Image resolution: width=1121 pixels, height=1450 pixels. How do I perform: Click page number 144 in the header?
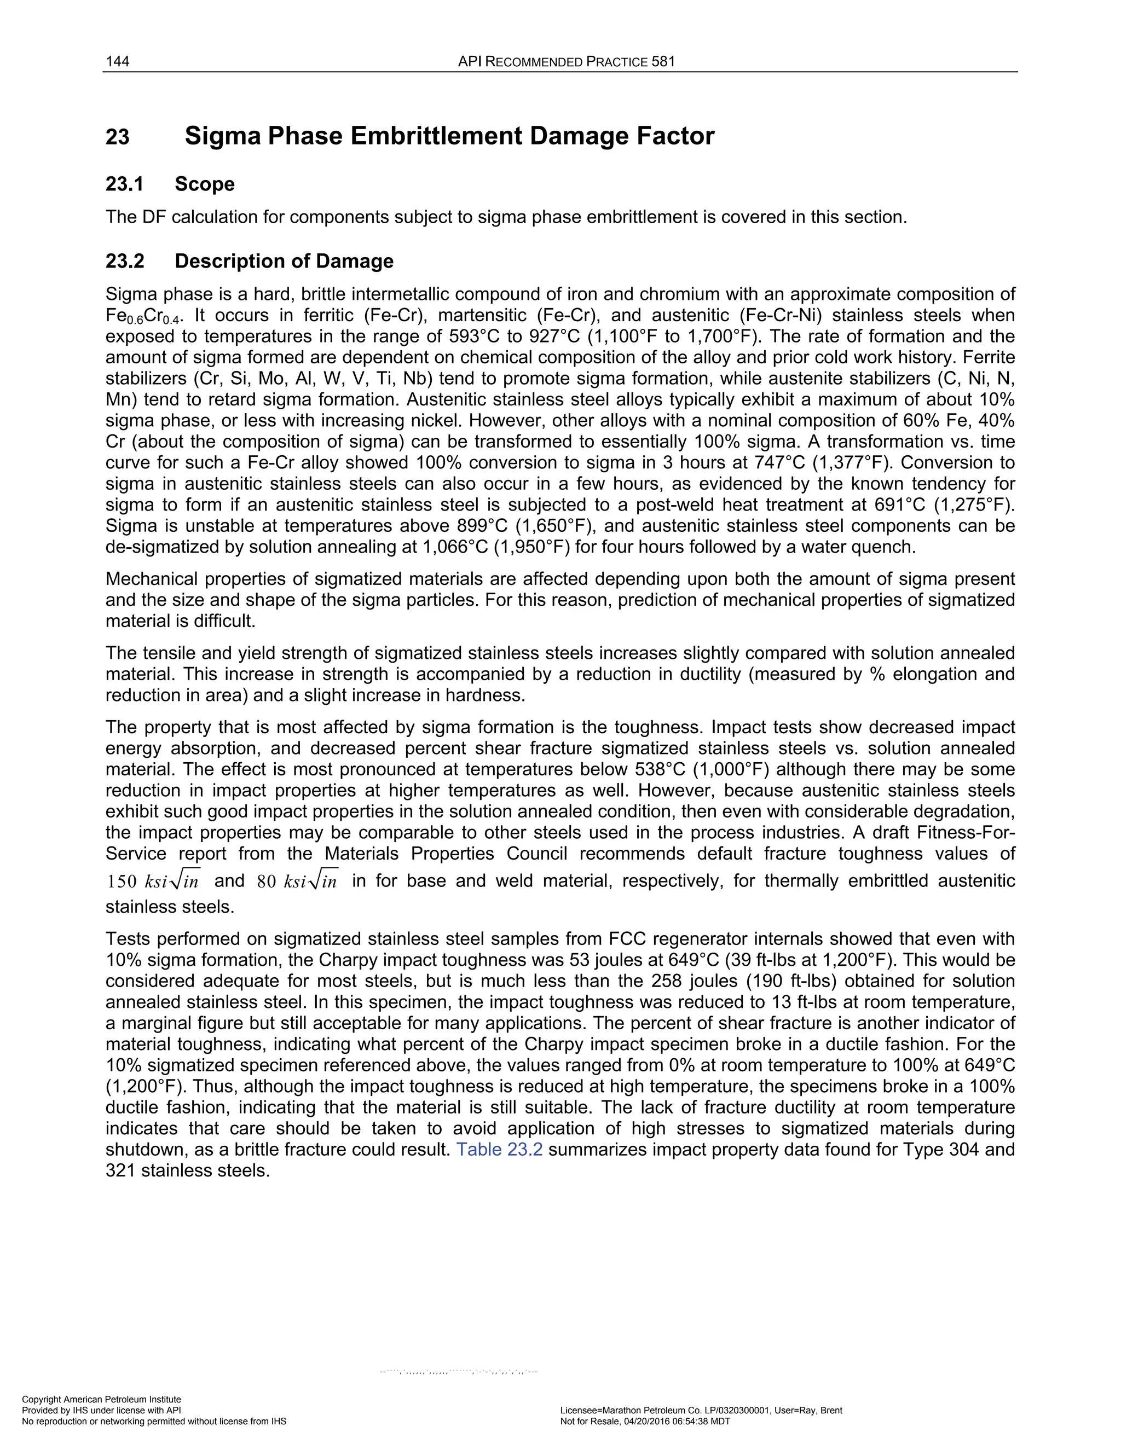click(x=117, y=62)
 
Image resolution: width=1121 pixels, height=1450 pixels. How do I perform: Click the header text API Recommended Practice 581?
click(x=567, y=62)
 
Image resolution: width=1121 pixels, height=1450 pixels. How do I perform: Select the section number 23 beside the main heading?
click(x=118, y=137)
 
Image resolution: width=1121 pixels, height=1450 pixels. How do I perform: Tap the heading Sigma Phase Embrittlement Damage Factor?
click(x=449, y=136)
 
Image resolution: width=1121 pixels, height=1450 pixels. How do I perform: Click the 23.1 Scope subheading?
click(x=170, y=184)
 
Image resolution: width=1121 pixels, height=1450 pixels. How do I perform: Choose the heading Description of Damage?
click(x=284, y=261)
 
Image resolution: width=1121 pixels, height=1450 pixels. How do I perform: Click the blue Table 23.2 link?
click(x=499, y=1149)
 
